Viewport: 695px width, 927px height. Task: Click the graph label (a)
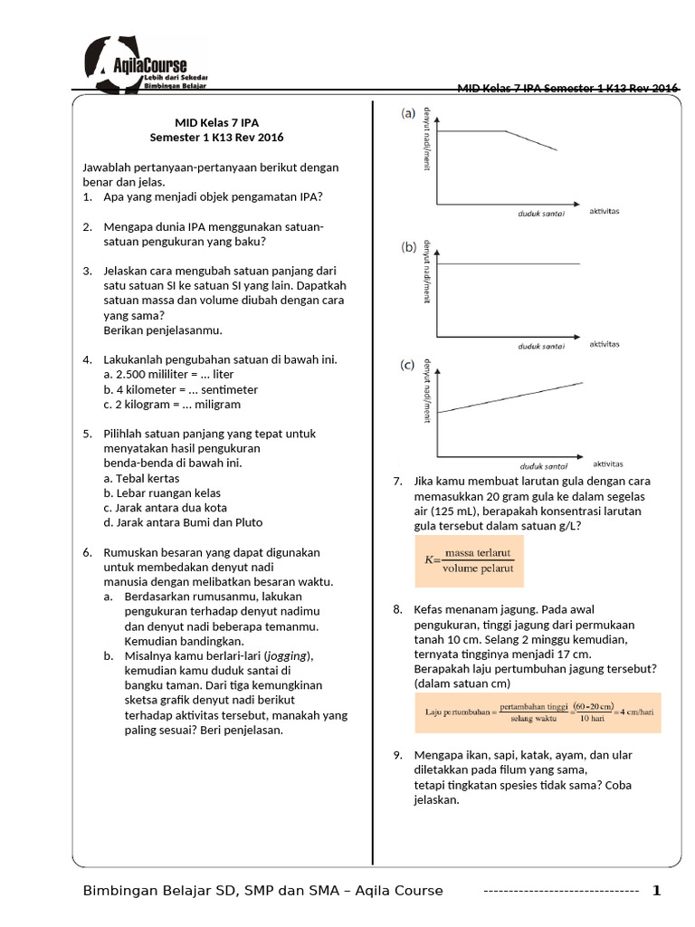[409, 114]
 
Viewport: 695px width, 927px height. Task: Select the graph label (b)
[409, 246]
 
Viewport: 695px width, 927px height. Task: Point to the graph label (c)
[409, 366]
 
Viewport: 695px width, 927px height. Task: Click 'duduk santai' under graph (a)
[542, 214]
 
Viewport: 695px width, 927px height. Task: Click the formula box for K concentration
[470, 561]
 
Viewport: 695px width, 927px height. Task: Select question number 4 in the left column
[87, 359]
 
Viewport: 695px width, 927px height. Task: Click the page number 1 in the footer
[657, 891]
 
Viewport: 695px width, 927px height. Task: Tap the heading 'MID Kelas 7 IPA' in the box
[216, 122]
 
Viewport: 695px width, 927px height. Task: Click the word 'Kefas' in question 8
[430, 609]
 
